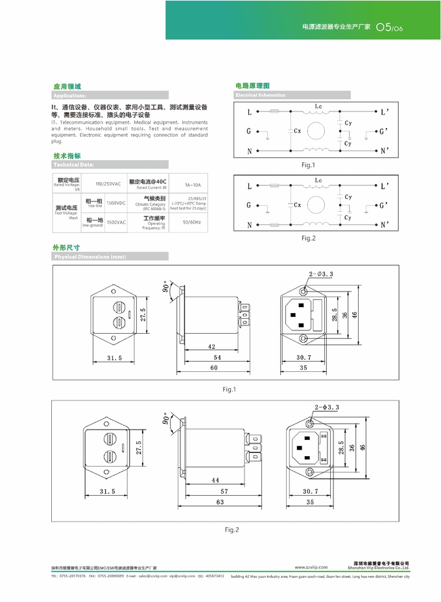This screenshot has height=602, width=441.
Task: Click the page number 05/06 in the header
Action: (x=390, y=29)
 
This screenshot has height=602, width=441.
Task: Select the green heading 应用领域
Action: (x=67, y=86)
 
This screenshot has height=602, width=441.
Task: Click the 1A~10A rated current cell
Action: (x=193, y=183)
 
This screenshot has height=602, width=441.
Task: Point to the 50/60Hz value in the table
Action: (x=192, y=222)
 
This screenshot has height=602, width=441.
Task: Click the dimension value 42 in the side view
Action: (x=211, y=347)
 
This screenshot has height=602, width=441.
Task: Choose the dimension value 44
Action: (x=215, y=481)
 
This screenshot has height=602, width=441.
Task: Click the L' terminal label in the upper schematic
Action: (x=384, y=112)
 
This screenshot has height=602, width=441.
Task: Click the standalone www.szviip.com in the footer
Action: (x=311, y=566)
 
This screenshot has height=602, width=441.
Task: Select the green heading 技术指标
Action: (x=67, y=156)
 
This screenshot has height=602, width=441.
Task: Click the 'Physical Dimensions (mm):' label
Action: (x=90, y=257)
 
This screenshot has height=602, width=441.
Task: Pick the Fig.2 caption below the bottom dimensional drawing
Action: (x=232, y=529)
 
